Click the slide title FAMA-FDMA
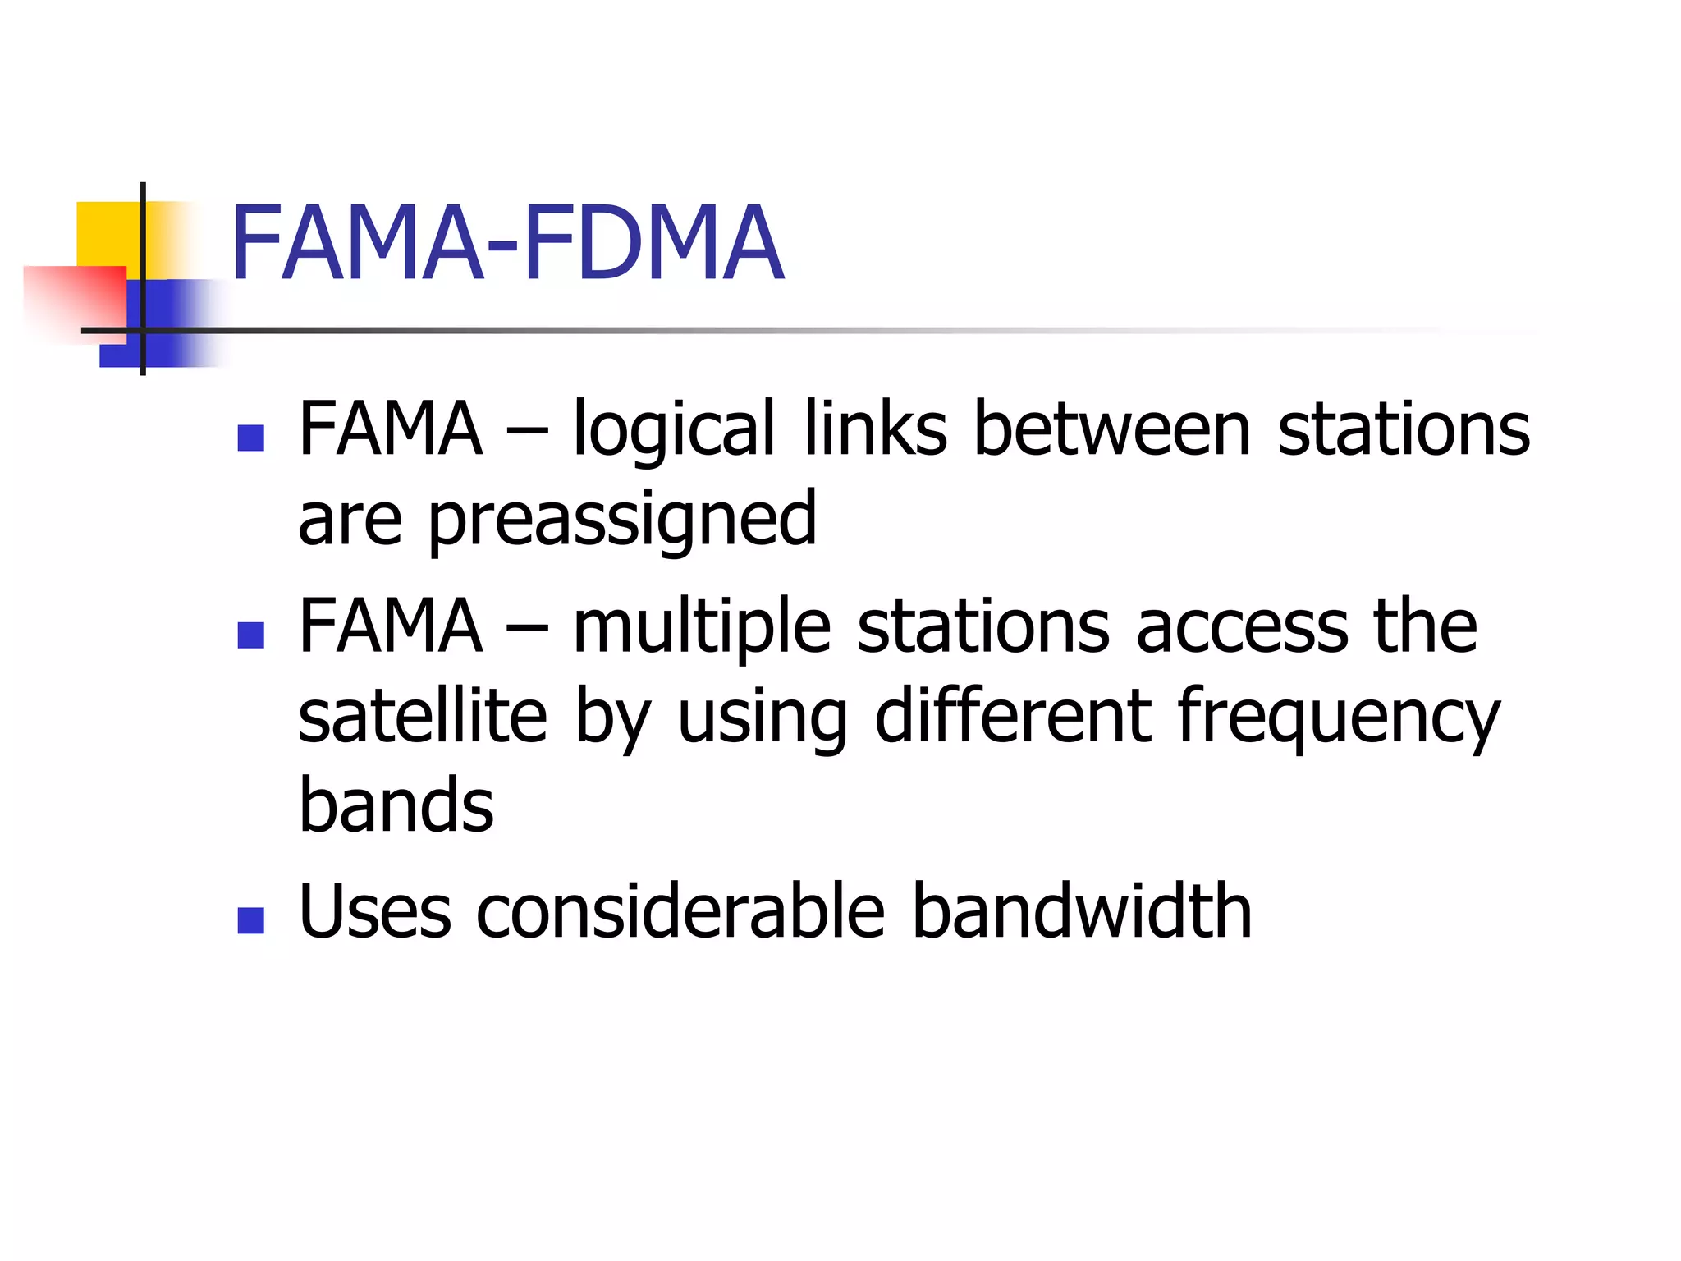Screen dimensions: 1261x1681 coord(507,244)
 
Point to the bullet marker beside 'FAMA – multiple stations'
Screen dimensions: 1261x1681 coord(250,635)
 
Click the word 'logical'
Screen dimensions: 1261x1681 coord(673,431)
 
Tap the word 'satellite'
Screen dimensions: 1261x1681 coord(422,716)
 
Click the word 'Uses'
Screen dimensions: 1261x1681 coord(375,911)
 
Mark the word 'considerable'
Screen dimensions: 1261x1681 coord(680,911)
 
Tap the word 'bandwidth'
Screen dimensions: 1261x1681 coord(1082,911)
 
